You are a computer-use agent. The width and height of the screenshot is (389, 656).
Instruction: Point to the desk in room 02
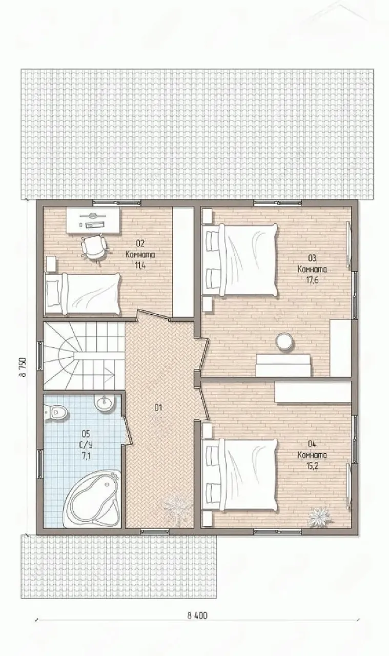click(93, 220)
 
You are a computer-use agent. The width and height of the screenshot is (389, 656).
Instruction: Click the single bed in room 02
click(82, 294)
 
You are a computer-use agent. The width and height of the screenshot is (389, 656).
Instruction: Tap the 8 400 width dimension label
click(197, 616)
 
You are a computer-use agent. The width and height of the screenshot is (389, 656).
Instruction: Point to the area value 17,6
click(312, 280)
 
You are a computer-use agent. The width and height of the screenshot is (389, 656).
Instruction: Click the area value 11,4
click(140, 265)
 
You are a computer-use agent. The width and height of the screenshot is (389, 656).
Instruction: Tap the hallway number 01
click(158, 407)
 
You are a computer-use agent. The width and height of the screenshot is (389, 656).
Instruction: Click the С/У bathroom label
click(86, 445)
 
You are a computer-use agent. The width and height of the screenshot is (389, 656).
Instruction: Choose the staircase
click(84, 356)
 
